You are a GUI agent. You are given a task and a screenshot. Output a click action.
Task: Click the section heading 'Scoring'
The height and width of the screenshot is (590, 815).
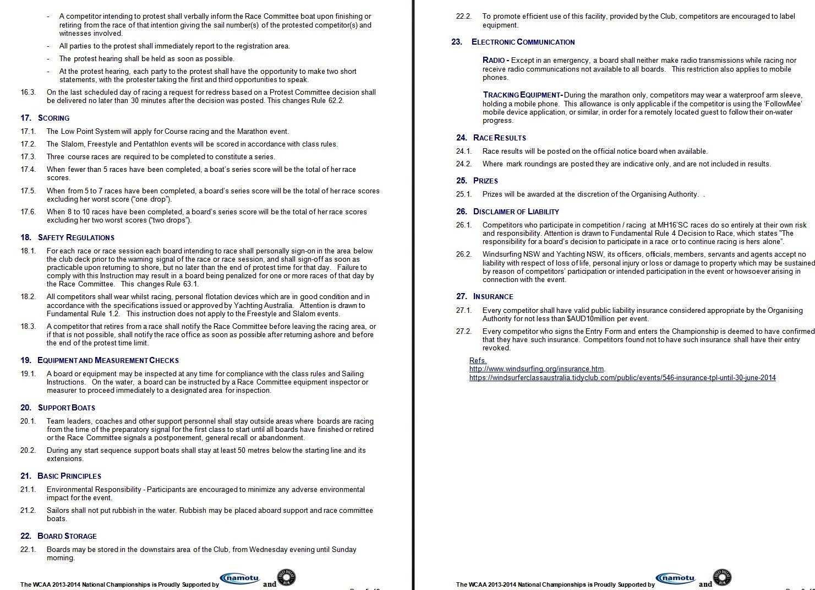click(53, 118)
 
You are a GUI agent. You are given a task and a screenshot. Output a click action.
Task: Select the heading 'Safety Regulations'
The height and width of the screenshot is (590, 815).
click(76, 237)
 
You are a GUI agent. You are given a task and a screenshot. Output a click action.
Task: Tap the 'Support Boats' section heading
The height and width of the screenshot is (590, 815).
click(66, 408)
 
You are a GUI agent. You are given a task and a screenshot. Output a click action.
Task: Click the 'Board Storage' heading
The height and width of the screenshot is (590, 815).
click(67, 536)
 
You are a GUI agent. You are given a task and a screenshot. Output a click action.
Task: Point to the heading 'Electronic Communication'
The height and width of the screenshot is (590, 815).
click(523, 42)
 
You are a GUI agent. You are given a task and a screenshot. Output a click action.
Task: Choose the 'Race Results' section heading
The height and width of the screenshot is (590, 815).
click(499, 138)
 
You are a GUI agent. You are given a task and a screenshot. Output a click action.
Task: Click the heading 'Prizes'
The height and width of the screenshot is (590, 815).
click(485, 181)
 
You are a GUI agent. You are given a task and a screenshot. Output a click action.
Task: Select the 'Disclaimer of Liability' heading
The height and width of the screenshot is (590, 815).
click(516, 212)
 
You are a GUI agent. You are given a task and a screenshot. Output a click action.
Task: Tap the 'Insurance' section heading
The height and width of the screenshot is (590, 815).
click(493, 296)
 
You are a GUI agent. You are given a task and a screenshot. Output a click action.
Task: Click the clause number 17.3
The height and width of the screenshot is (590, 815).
click(28, 157)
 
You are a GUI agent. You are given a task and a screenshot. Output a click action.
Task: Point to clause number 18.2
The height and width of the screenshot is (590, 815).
click(28, 297)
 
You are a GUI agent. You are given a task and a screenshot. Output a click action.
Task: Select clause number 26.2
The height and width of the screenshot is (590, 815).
click(464, 255)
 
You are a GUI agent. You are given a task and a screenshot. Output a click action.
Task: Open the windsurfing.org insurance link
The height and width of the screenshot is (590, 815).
click(537, 369)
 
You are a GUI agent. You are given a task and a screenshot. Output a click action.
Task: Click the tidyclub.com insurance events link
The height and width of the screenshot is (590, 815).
click(622, 378)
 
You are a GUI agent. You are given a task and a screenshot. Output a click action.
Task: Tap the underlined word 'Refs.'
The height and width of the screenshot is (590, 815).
click(478, 361)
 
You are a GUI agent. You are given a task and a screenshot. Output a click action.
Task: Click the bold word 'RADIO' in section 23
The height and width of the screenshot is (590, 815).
click(494, 60)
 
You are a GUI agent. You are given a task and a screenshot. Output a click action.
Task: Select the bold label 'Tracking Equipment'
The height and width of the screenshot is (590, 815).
click(521, 95)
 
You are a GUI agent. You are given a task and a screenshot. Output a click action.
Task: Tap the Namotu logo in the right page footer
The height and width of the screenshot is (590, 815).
click(677, 578)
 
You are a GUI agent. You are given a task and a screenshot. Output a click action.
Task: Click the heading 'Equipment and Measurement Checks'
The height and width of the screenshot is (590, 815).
click(108, 360)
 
